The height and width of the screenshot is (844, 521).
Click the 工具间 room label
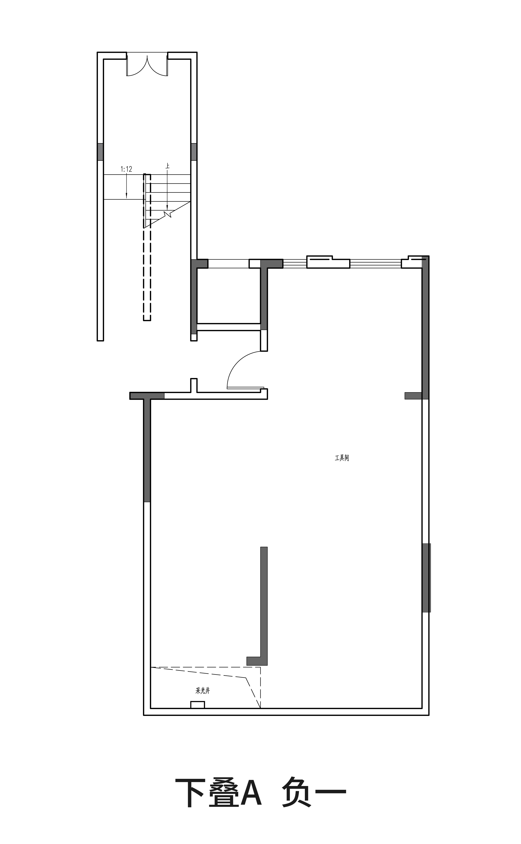pos(342,458)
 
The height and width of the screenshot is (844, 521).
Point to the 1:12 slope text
pos(126,169)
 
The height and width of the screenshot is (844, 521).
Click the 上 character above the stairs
pos(167,166)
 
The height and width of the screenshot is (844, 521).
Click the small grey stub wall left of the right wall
pos(413,396)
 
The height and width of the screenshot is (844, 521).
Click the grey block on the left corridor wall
pos(100,152)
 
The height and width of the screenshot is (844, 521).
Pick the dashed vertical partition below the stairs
pos(147,274)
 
